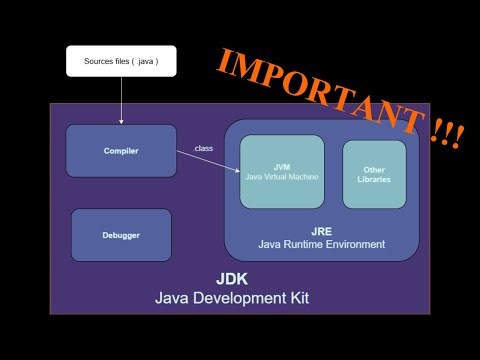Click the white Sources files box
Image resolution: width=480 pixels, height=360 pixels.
pyautogui.click(x=121, y=62)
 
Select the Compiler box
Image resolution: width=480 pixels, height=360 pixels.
pyautogui.click(x=121, y=151)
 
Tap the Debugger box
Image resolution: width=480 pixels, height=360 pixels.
pyautogui.click(x=121, y=235)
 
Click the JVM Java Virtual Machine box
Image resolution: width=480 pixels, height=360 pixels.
pyautogui.click(x=282, y=172)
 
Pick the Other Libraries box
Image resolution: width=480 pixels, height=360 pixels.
pyautogui.click(x=374, y=174)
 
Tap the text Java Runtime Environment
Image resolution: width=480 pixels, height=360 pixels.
pyautogui.click(x=321, y=244)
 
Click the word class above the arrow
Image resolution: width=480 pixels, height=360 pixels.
pyautogui.click(x=203, y=149)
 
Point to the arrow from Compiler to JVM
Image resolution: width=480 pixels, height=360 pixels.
pyautogui.click(x=210, y=160)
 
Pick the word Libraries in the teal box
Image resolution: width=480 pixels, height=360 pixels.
pyautogui.click(x=374, y=180)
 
